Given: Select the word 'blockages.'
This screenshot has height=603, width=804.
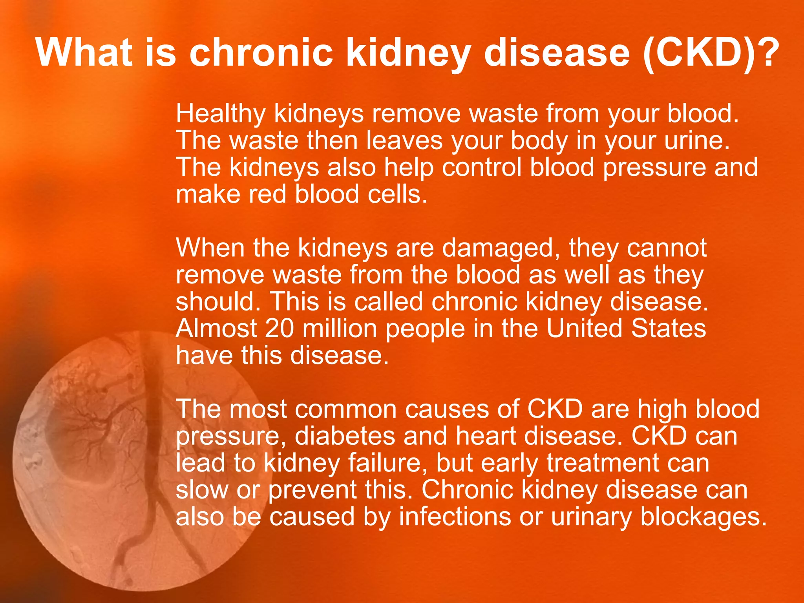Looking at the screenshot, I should [x=703, y=517].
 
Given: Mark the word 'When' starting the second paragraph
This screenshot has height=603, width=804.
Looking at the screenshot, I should [x=210, y=248].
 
